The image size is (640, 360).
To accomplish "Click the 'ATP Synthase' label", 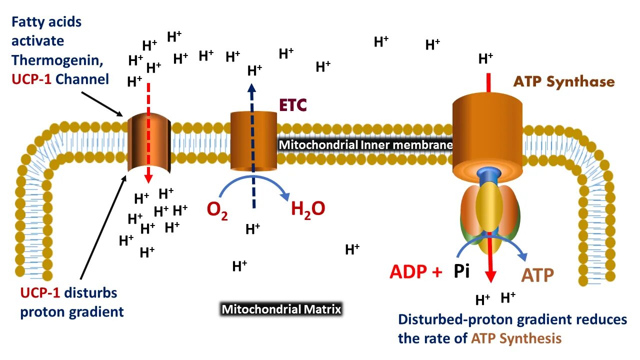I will [x=563, y=82].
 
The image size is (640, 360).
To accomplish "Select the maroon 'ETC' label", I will [x=292, y=105].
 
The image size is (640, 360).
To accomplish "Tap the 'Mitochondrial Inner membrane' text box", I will [x=365, y=145].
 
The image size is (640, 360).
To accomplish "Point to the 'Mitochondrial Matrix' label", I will [x=281, y=309].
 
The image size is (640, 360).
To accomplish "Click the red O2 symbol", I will [x=217, y=210].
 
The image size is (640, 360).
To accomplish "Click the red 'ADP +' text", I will [x=416, y=272].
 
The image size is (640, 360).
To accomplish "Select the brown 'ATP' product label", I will [x=537, y=275].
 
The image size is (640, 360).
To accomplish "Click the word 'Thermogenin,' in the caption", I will [x=57, y=60].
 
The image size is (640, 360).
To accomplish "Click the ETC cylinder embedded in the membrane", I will [x=253, y=140].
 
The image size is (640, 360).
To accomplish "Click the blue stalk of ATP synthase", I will [x=487, y=176].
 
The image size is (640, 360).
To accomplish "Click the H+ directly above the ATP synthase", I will [x=485, y=59].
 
